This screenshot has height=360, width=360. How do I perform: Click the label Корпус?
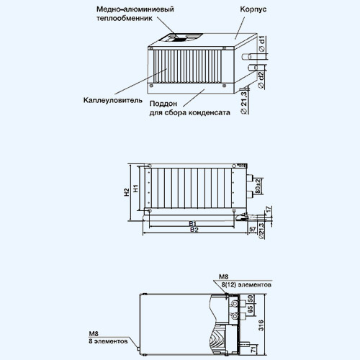point(253,9)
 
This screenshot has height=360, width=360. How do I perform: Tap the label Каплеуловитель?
point(113,100)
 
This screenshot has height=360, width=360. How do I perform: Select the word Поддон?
point(163,104)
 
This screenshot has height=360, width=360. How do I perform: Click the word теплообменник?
point(125,18)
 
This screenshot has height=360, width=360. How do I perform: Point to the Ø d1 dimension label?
point(262,44)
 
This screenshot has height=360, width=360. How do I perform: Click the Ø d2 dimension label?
point(261,80)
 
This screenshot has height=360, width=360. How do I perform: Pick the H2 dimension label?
point(127,192)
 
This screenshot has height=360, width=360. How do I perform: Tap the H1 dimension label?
point(136,189)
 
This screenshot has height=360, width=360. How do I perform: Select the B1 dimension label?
point(192,224)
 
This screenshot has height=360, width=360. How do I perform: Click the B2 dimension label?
point(194,230)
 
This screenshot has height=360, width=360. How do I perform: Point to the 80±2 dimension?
point(258,186)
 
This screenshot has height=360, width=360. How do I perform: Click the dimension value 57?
point(252,229)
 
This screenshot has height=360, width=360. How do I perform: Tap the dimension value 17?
point(269,209)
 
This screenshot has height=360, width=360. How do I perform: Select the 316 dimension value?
point(261,325)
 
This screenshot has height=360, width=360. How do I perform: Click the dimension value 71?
point(253,350)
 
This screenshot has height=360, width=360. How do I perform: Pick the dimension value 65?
point(250,310)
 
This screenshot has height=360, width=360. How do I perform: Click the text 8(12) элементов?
point(246,285)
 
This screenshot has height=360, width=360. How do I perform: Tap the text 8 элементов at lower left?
point(108,341)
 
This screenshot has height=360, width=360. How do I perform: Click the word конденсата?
point(210,112)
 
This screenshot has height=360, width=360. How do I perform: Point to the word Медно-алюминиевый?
point(135,9)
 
